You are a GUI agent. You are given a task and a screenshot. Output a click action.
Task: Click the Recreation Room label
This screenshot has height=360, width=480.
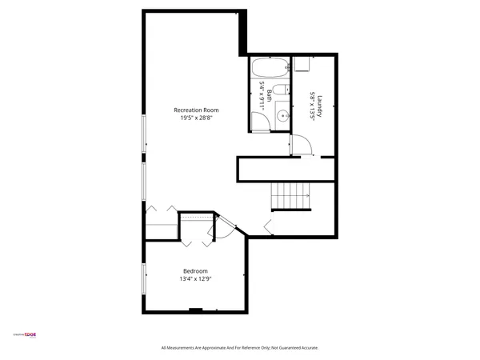pos(196,110)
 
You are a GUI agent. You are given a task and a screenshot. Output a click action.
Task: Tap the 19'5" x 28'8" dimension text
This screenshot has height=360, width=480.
pos(196,118)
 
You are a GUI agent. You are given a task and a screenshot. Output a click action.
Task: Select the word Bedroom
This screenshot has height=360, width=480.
pos(196,270)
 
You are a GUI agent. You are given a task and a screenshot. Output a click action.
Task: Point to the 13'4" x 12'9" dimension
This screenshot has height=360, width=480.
pos(196,279)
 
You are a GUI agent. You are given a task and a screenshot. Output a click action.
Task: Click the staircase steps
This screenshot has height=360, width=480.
pos(291,194)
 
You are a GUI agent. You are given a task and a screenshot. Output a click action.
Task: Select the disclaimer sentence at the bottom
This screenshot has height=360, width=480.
pos(239,348)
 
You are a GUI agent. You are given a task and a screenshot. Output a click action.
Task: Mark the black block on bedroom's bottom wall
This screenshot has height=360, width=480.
pos(195,310)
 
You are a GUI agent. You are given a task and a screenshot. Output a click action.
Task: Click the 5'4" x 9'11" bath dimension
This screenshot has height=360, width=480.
pos(262,95)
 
